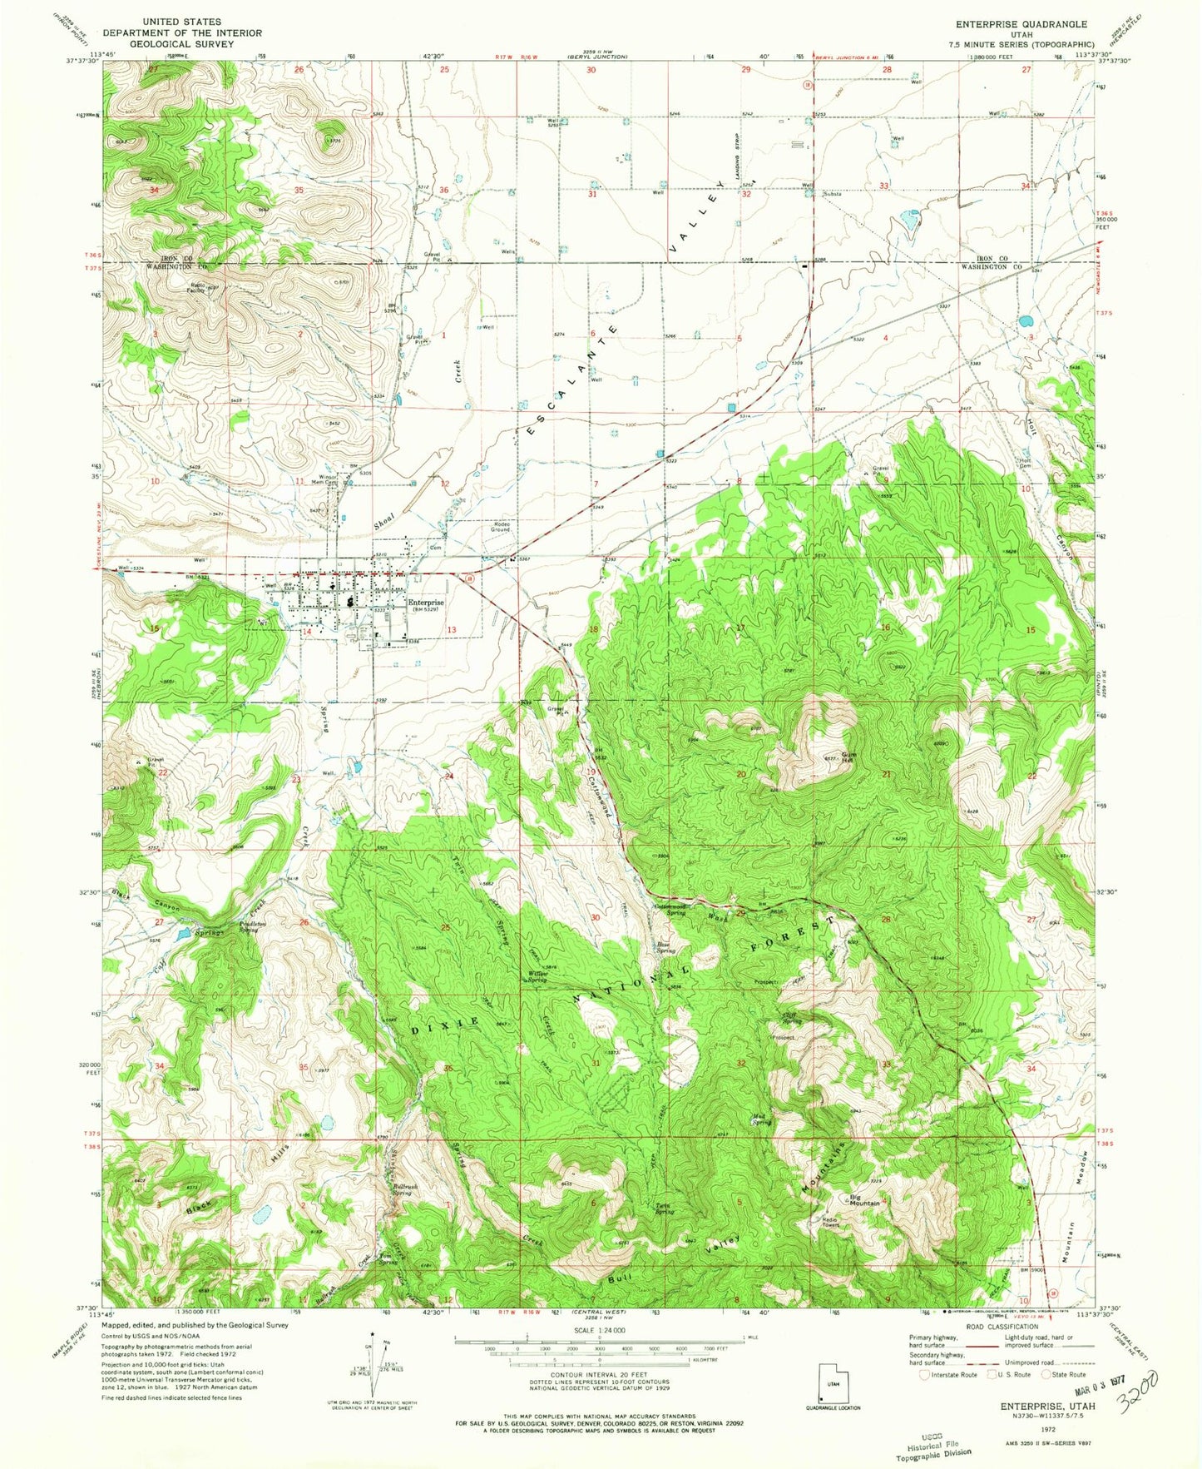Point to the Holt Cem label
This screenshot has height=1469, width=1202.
pyautogui.click(x=1026, y=464)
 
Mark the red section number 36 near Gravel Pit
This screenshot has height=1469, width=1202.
pyautogui.click(x=444, y=190)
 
